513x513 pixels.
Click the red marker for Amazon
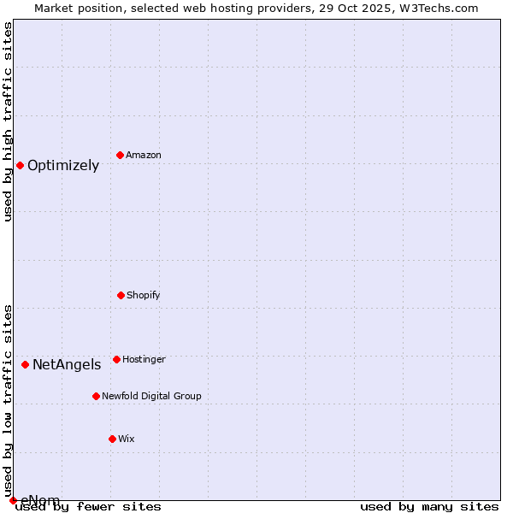click(120, 155)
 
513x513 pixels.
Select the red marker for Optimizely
click(20, 165)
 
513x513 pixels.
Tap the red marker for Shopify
click(121, 295)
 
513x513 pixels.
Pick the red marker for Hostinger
click(116, 359)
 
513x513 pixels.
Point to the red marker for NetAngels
click(25, 364)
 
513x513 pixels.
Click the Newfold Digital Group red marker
click(96, 396)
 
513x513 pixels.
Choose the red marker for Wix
click(112, 439)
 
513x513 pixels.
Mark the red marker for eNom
click(13, 500)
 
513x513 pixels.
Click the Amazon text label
click(144, 156)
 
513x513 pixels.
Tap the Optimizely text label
click(63, 166)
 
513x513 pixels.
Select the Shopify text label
click(144, 296)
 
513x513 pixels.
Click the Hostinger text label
click(144, 360)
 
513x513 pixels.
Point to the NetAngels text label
click(67, 365)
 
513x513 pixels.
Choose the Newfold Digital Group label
click(151, 397)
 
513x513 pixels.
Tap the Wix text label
click(127, 439)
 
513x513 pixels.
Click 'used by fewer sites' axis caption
click(88, 507)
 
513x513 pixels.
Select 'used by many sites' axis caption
click(429, 507)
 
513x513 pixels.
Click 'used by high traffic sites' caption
click(8, 121)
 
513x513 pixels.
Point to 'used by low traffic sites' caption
click(8, 400)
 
